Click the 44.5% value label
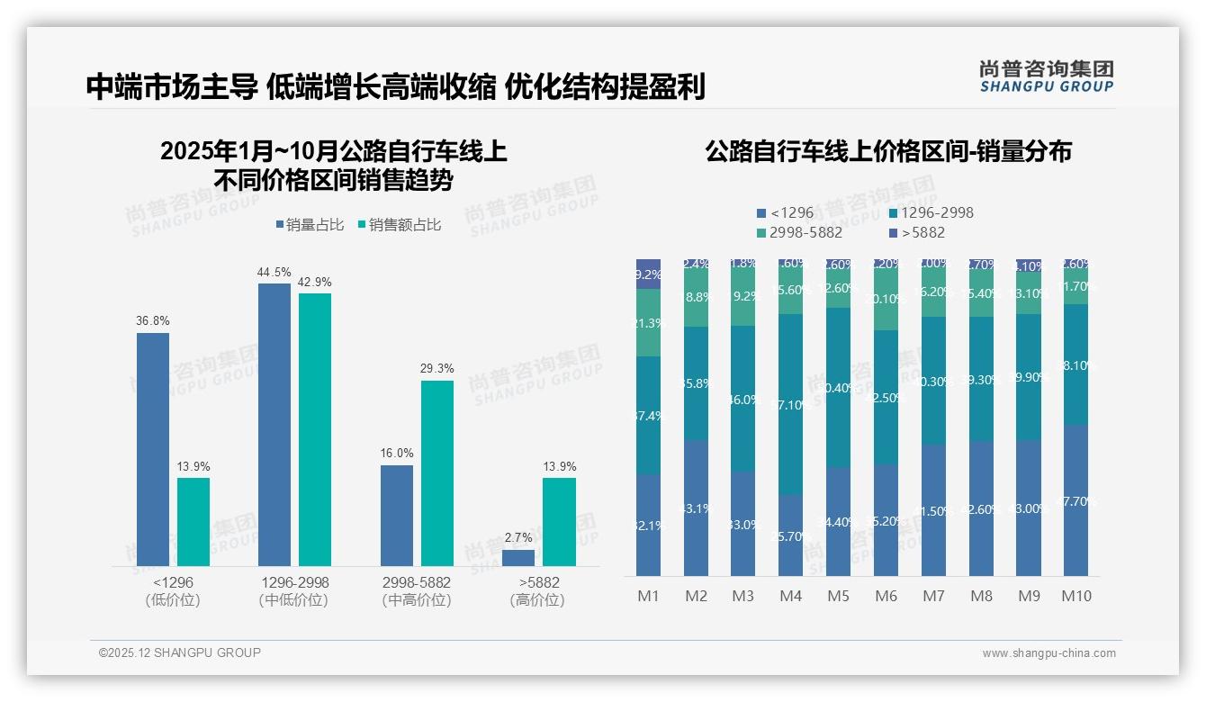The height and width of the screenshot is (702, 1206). pyautogui.click(x=274, y=273)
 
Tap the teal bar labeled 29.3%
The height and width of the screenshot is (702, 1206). pyautogui.click(x=437, y=472)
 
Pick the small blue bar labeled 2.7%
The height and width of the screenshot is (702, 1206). pyautogui.click(x=518, y=558)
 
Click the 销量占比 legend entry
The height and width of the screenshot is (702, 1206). pyautogui.click(x=310, y=225)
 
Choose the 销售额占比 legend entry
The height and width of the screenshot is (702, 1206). pyautogui.click(x=400, y=225)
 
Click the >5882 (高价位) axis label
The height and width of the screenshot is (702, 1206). pyautogui.click(x=537, y=591)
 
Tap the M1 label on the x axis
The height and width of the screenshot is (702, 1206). pyautogui.click(x=649, y=596)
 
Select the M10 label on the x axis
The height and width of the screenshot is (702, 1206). pyautogui.click(x=1076, y=596)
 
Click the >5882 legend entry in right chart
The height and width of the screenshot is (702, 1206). pyautogui.click(x=917, y=233)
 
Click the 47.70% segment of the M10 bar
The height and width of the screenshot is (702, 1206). pyautogui.click(x=1075, y=500)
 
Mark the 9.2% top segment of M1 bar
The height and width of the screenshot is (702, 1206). pyautogui.click(x=648, y=274)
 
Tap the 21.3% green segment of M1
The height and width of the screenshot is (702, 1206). pyautogui.click(x=648, y=323)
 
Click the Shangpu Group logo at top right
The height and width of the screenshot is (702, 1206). pyautogui.click(x=1047, y=76)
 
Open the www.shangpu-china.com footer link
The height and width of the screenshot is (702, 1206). pyautogui.click(x=1048, y=653)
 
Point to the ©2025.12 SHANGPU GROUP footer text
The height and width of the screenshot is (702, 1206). pyautogui.click(x=180, y=652)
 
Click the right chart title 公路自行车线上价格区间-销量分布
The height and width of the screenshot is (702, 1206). pyautogui.click(x=888, y=151)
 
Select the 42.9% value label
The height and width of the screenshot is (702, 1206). pyautogui.click(x=315, y=283)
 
